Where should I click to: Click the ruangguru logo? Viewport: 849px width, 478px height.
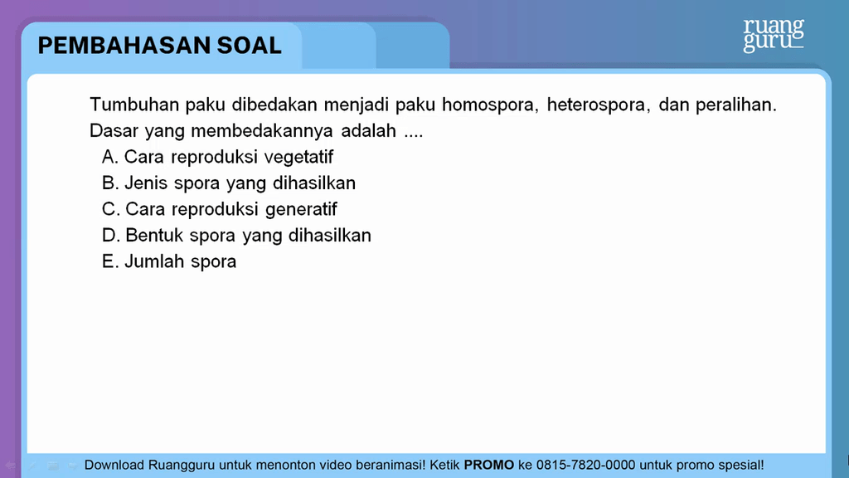click(x=774, y=35)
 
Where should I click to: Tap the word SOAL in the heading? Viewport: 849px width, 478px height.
click(x=249, y=46)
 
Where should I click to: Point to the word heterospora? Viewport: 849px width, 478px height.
click(x=596, y=105)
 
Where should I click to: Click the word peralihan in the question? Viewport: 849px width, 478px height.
click(x=736, y=104)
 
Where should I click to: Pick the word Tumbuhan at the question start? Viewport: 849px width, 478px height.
click(x=134, y=104)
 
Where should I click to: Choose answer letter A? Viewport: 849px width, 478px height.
click(x=109, y=157)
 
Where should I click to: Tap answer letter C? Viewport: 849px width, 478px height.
click(x=110, y=208)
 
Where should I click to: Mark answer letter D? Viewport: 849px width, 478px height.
click(x=110, y=235)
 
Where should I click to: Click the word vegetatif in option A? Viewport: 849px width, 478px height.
click(x=298, y=157)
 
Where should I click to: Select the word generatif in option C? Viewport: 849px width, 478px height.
click(x=301, y=209)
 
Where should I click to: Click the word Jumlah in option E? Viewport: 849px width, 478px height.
click(x=153, y=261)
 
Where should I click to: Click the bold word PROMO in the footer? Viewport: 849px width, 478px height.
click(x=489, y=465)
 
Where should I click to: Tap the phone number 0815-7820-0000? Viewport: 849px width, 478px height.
click(x=585, y=465)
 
